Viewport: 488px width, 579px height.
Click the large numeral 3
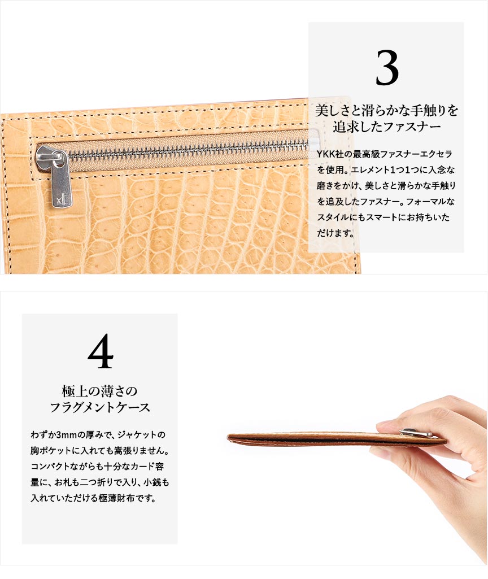pos(387,68)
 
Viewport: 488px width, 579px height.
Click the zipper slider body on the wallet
pos(51,156)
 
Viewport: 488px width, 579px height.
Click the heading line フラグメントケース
pos(100,407)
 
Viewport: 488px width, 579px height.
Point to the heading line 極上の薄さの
pos(99,391)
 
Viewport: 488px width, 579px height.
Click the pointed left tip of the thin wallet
pos(228,437)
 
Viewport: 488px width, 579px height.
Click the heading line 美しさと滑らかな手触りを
pos(386,111)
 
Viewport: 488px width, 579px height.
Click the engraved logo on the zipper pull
pos(61,201)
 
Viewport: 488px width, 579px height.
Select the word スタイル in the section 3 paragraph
pos(333,217)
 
